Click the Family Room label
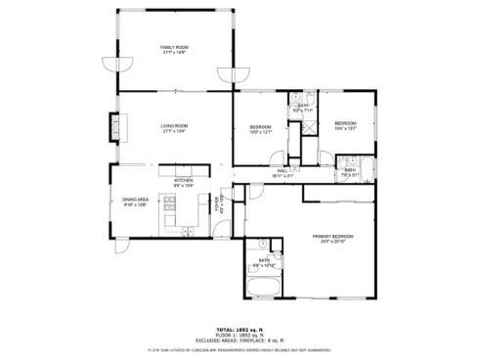coord(174,46)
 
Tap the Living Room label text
coord(174,125)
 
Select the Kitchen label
coord(184,180)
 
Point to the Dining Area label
coord(135,200)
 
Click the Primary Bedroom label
coord(332,237)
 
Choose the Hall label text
coord(283,170)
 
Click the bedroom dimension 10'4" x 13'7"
coord(348,128)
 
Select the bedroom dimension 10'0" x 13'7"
coord(260,133)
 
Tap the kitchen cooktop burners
coord(168,205)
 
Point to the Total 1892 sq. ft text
coord(239,330)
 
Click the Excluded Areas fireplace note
coord(239,339)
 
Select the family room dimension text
coord(174,52)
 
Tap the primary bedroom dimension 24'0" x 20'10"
coord(332,243)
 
